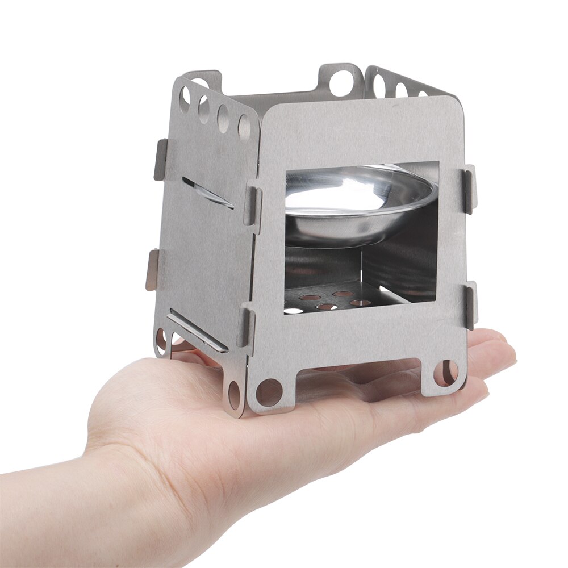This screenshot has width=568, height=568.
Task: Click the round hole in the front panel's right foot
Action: coord(446,373)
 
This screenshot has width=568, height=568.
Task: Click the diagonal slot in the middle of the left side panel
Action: coord(207,193)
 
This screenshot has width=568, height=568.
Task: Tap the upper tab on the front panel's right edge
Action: coord(469,190)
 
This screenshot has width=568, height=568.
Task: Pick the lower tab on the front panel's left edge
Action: coord(246,327)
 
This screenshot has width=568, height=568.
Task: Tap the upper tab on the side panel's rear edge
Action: coord(161,160)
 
